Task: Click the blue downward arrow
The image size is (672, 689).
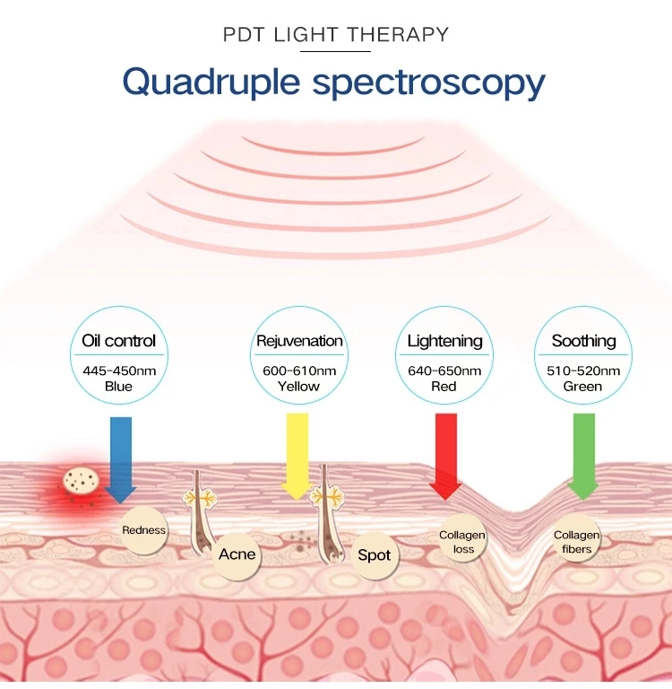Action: point(121,459)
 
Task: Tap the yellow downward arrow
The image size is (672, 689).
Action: point(297,456)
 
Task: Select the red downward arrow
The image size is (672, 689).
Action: point(445,456)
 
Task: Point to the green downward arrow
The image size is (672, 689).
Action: point(584,456)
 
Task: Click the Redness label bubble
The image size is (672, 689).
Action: point(144,530)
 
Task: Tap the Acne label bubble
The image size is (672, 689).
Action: point(237,554)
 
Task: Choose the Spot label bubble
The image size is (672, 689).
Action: point(375,555)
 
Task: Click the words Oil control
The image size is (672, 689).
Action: point(118,341)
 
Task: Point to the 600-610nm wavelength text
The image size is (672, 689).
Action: point(299,371)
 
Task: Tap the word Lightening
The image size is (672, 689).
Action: point(444,342)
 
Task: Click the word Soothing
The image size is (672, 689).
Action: point(584,342)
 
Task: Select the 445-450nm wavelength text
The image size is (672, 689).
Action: point(119,371)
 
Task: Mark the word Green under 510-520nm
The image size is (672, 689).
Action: point(582,387)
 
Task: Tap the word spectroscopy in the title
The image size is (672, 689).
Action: point(429,83)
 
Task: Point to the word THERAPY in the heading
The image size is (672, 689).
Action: point(398,34)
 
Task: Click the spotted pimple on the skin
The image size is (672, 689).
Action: point(81,480)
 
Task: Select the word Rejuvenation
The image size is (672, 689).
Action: point(299,341)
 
